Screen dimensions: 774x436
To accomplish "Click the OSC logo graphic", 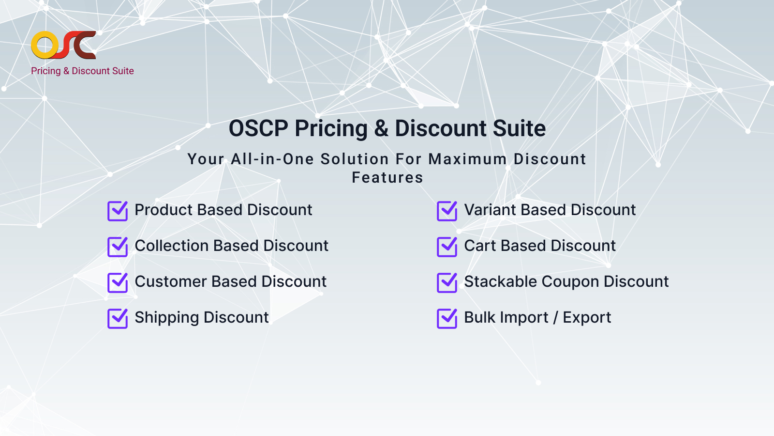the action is (63, 45).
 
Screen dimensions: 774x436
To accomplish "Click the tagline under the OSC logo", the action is (82, 71).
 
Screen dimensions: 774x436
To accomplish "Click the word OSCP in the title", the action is (258, 128).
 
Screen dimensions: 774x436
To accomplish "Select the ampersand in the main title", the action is (381, 128).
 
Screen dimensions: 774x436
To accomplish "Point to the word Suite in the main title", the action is (520, 128).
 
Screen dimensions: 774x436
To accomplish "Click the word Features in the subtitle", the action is (387, 177).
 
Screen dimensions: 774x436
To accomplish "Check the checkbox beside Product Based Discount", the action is (118, 211).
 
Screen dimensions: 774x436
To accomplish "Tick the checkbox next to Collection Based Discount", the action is (118, 247).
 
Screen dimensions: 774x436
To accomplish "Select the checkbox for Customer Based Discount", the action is (118, 282).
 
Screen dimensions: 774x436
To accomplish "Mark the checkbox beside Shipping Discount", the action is (118, 318).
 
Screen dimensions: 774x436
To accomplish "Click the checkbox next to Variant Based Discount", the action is (447, 211).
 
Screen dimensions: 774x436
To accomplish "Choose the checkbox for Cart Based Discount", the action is (447, 247).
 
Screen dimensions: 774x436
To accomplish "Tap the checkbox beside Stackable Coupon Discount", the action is (447, 282).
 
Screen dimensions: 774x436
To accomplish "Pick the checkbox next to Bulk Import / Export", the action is (447, 318).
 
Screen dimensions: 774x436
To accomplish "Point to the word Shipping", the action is (166, 318).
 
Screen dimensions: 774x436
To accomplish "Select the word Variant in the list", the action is (490, 210).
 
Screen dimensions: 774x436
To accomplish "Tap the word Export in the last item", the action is (587, 318).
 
